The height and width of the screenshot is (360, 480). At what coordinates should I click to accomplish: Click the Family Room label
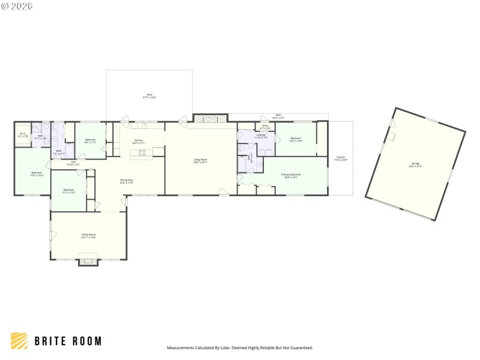click(89, 235)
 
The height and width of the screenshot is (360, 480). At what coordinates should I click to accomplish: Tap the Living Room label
click(200, 161)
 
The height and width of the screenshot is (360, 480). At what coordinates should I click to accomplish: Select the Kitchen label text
click(139, 142)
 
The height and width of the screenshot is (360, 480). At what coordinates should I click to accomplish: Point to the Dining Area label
click(127, 181)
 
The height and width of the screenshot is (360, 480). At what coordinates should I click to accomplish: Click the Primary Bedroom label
click(291, 175)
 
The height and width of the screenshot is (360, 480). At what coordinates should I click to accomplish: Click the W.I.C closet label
click(22, 135)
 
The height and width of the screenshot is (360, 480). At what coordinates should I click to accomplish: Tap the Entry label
click(265, 127)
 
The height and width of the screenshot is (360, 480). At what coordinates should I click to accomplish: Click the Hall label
click(73, 163)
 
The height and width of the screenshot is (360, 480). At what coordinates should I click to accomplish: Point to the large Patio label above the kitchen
click(149, 96)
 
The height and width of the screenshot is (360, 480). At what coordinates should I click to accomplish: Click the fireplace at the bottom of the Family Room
click(88, 260)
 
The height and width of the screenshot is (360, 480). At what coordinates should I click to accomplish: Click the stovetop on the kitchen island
click(143, 152)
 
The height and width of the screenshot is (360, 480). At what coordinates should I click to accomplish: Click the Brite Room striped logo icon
click(19, 341)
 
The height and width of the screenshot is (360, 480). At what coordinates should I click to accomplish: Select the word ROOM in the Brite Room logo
click(85, 341)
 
